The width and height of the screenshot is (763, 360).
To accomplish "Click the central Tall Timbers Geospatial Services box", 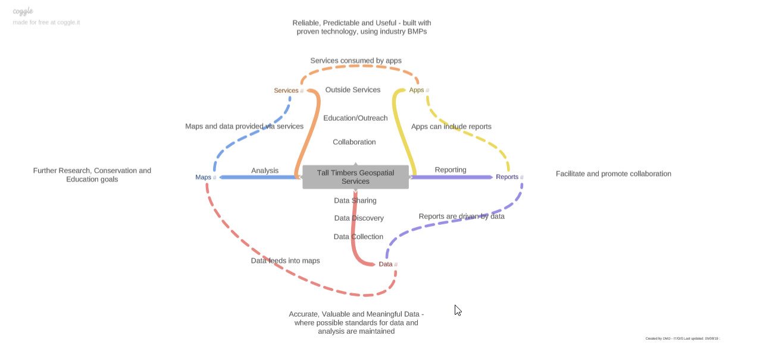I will [355, 177].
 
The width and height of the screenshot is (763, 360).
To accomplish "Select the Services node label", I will [286, 90].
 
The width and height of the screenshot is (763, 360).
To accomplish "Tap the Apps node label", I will [416, 90].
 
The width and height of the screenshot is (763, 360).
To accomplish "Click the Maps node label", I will [203, 177].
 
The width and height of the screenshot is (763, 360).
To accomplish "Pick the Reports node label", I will [507, 177].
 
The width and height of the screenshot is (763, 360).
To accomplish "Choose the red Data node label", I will [386, 264].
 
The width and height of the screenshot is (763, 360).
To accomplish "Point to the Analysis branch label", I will [265, 170].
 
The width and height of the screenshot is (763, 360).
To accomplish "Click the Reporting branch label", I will [451, 170].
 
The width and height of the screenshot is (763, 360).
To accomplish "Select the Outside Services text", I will [352, 90].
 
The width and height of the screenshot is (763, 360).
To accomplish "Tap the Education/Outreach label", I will [355, 118].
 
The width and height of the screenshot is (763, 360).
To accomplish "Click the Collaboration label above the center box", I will [354, 142].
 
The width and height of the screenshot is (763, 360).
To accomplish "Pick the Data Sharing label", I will [355, 201].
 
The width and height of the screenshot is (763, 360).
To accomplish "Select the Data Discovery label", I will [359, 218].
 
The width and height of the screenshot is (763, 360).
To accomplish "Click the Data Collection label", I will [358, 237].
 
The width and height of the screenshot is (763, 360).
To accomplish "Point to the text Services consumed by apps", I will [356, 61].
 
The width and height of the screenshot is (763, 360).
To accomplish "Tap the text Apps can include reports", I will [451, 126].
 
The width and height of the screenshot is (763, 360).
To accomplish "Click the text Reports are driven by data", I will [461, 217].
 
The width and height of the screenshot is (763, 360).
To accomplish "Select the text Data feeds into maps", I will [285, 261].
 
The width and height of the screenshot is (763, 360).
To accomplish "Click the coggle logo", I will [23, 11].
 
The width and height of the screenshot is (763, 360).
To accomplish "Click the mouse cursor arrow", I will [458, 310].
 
